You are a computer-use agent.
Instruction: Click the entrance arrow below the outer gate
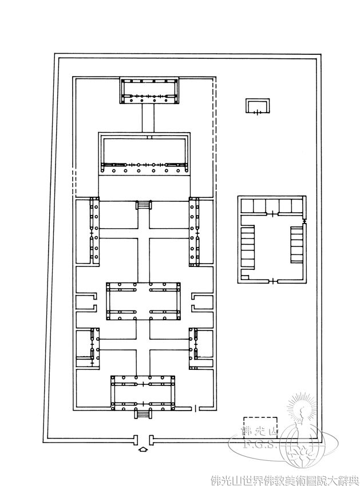[x=143, y=448]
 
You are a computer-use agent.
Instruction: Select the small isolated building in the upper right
[x=258, y=106]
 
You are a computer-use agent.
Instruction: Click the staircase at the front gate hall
[x=143, y=414]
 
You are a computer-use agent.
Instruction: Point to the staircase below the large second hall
[x=144, y=205]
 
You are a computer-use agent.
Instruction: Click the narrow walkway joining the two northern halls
[x=148, y=118]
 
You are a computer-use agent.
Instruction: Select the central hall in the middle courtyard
[x=143, y=301]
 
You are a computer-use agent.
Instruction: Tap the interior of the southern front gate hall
[x=143, y=393]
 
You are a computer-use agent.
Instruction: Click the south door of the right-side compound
[x=272, y=281]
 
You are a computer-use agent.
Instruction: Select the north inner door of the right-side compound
[x=272, y=214]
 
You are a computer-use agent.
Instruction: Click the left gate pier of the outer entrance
[x=135, y=439]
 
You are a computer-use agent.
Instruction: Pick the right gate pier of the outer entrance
[x=151, y=439]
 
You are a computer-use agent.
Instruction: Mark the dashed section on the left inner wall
[x=74, y=182]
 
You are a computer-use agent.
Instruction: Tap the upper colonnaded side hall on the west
[x=94, y=230]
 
